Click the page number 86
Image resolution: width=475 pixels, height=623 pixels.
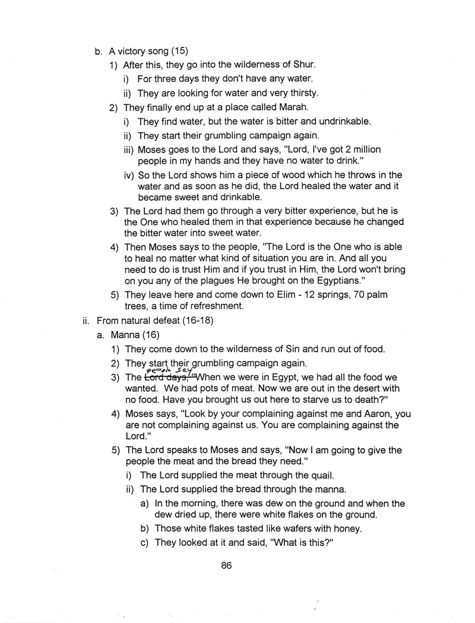pyautogui.click(x=226, y=565)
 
